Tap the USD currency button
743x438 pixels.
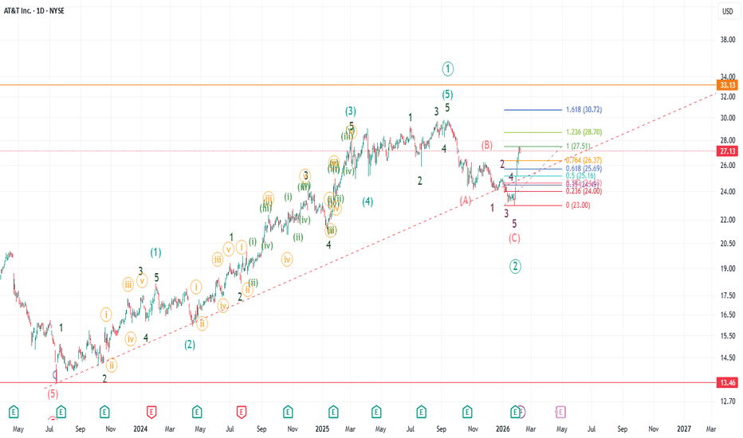point(727,11)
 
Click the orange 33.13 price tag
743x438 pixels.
point(727,85)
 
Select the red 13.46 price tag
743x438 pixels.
point(727,382)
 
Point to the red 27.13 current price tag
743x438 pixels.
point(727,151)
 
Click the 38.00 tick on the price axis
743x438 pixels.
point(727,40)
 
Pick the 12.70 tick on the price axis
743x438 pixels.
point(727,401)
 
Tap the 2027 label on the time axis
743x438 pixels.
point(683,428)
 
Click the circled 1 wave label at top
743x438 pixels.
point(448,68)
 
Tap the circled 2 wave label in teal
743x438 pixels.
point(516,266)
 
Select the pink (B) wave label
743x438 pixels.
point(487,145)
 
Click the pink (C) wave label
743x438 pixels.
point(514,238)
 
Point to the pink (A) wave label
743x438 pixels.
point(466,201)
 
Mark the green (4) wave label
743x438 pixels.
point(368,201)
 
